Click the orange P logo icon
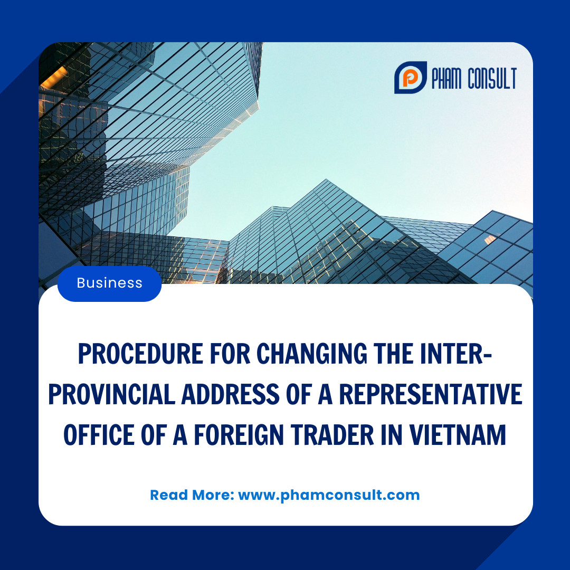point(411,78)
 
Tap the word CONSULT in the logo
point(492,78)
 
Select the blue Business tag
point(109,283)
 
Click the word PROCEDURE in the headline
point(140,354)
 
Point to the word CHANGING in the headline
point(312,354)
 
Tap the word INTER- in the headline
point(456,354)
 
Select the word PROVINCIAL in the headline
point(111,394)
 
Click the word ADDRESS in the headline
point(230,394)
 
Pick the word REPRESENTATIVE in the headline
point(431,394)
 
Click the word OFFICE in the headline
point(99,435)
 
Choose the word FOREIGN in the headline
point(239,435)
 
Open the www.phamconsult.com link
point(329,496)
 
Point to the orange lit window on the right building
point(490,239)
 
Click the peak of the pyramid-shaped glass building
point(326,179)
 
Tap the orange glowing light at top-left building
point(54,77)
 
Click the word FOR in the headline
point(230,354)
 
